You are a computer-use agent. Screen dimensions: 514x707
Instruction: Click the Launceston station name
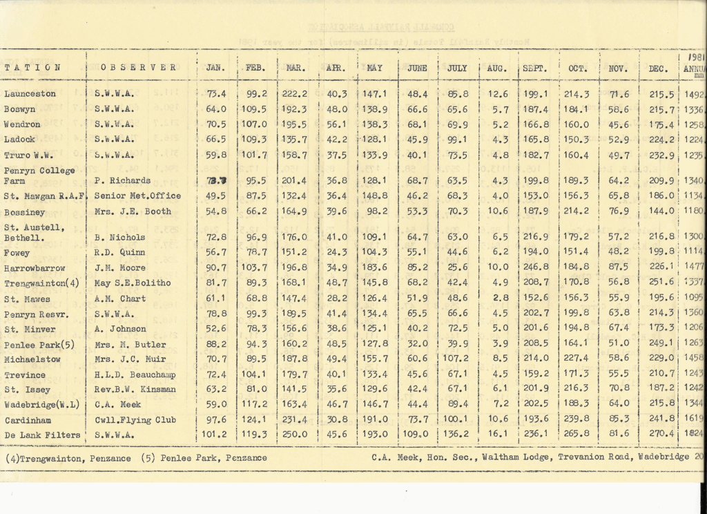(x=30, y=94)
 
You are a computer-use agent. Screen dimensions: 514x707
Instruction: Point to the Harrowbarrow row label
(x=35, y=267)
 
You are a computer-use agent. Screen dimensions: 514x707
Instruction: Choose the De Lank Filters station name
(x=42, y=435)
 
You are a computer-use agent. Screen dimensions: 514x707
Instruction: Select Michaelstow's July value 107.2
(x=456, y=359)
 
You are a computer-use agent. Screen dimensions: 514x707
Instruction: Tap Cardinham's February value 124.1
(x=256, y=420)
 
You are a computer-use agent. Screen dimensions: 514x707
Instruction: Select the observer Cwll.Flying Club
(x=135, y=420)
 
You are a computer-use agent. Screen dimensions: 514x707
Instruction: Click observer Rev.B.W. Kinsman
(x=135, y=390)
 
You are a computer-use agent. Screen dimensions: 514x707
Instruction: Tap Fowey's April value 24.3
(x=336, y=252)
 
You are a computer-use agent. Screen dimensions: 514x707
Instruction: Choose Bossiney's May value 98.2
(x=376, y=211)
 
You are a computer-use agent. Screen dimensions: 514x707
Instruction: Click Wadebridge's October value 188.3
(x=574, y=404)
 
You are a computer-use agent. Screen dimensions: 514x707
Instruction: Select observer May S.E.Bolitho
(x=133, y=283)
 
